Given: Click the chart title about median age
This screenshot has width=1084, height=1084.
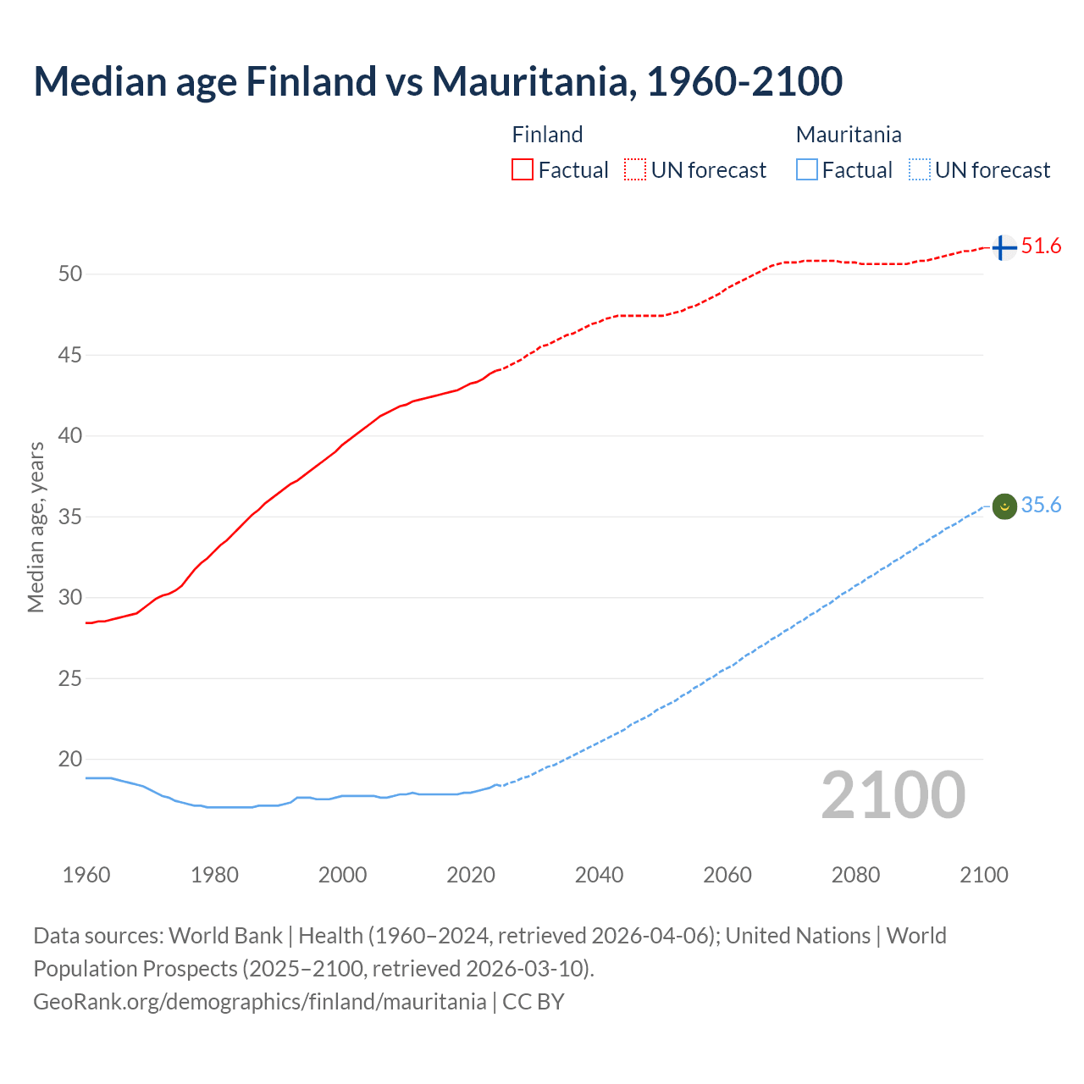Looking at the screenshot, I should pyautogui.click(x=438, y=81).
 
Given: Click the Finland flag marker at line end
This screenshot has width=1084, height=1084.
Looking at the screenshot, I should pyautogui.click(x=1004, y=247).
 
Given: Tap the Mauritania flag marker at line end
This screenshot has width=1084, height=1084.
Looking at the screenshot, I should pyautogui.click(x=1004, y=506).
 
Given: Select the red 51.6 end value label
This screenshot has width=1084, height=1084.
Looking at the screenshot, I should pyautogui.click(x=1041, y=246).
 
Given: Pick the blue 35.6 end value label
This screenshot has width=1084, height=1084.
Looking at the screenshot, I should pyautogui.click(x=1041, y=506).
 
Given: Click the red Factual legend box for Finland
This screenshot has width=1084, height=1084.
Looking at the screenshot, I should pyautogui.click(x=523, y=170).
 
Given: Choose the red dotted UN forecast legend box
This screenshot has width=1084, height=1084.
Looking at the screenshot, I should pyautogui.click(x=635, y=170).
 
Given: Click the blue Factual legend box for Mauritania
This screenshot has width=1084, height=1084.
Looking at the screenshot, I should pyautogui.click(x=807, y=170).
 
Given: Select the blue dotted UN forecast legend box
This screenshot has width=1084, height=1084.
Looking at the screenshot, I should pyautogui.click(x=920, y=170).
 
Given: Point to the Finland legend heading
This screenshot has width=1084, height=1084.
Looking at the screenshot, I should pyautogui.click(x=547, y=135).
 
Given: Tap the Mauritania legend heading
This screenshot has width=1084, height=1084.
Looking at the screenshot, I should pyautogui.click(x=849, y=135).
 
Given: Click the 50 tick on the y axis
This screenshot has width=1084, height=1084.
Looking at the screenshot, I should pyautogui.click(x=70, y=274).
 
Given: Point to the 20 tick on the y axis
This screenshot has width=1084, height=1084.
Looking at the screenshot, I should pyautogui.click(x=70, y=759).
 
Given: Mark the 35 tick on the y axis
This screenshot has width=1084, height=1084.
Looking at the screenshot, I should pyautogui.click(x=70, y=517).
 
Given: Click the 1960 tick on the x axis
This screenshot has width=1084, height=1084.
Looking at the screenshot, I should pyautogui.click(x=86, y=875).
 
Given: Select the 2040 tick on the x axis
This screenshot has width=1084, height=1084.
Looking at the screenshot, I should pyautogui.click(x=599, y=875).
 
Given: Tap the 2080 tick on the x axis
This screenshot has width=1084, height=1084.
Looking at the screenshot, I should pyautogui.click(x=855, y=875).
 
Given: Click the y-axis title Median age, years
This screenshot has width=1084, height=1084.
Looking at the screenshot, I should pyautogui.click(x=36, y=527).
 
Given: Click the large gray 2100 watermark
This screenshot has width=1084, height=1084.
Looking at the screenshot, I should pyautogui.click(x=893, y=795).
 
